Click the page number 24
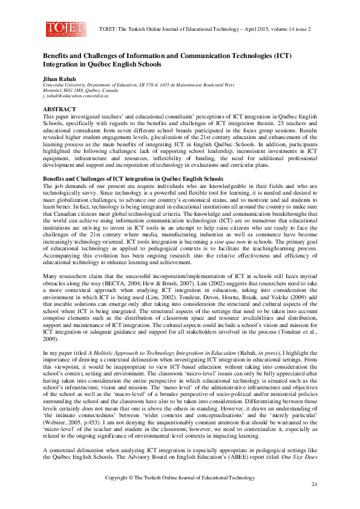[314, 485]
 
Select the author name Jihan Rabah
[58, 79]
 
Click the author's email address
[75, 96]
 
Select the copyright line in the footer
[180, 478]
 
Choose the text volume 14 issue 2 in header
[294, 29]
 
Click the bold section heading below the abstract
[132, 180]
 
